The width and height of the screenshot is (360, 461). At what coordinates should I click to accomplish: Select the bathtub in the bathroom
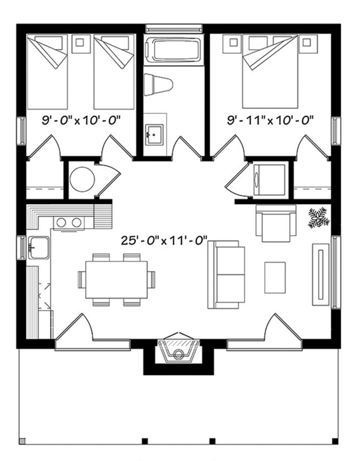[x=172, y=49]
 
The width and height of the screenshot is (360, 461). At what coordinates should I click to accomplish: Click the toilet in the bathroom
[x=157, y=83]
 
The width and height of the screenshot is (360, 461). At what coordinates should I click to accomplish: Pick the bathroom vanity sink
[x=154, y=133]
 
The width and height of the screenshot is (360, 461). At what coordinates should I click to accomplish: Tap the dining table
[x=116, y=279]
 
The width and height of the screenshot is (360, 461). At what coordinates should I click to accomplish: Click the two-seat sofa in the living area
[x=225, y=274]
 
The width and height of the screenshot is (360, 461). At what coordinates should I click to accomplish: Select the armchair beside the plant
[x=275, y=224]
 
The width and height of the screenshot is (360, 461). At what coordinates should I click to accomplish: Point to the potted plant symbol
[x=319, y=217]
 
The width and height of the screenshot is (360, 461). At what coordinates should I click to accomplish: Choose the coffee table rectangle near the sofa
[x=275, y=277]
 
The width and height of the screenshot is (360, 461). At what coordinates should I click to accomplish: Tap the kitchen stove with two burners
[x=68, y=222]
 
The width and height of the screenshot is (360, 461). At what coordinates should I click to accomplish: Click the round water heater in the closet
[x=81, y=180]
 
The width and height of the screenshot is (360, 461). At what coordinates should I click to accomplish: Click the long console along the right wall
[x=321, y=274]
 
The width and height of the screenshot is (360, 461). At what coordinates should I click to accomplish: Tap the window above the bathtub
[x=174, y=29]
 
